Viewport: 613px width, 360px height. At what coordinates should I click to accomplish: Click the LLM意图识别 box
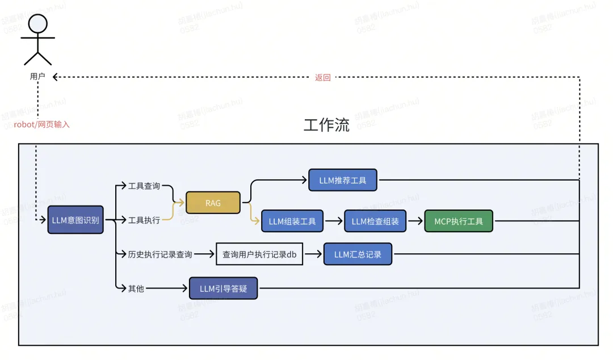coord(75,220)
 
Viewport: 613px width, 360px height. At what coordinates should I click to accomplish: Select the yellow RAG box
coord(213,203)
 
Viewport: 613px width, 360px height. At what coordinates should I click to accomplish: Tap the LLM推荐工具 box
coord(343,181)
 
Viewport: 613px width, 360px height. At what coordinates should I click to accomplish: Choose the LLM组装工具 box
coord(292,221)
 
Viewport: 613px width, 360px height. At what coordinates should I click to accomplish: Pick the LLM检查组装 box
coord(375,221)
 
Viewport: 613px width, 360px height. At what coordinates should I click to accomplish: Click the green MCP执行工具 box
coord(459,221)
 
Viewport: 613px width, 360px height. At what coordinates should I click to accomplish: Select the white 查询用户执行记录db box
coord(259,254)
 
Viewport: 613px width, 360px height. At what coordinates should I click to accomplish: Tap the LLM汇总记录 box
coord(358,254)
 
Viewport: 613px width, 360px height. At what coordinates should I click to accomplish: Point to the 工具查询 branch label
coord(144,186)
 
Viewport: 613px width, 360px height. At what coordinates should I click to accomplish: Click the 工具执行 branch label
coord(144,220)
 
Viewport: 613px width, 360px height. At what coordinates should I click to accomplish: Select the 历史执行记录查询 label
coord(160,254)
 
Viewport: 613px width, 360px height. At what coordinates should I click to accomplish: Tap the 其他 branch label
coord(136,288)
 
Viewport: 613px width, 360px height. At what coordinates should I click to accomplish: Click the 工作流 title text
coord(326,125)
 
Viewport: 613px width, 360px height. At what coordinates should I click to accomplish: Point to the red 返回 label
coord(322,77)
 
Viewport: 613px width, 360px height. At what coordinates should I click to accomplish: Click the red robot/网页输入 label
coord(42,124)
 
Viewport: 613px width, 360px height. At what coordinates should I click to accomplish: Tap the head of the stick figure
coord(37,23)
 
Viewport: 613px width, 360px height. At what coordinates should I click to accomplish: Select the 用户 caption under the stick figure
coord(37,76)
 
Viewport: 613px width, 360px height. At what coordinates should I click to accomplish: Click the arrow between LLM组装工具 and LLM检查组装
coord(334,221)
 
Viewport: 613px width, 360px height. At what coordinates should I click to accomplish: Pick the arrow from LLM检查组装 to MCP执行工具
coord(415,221)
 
